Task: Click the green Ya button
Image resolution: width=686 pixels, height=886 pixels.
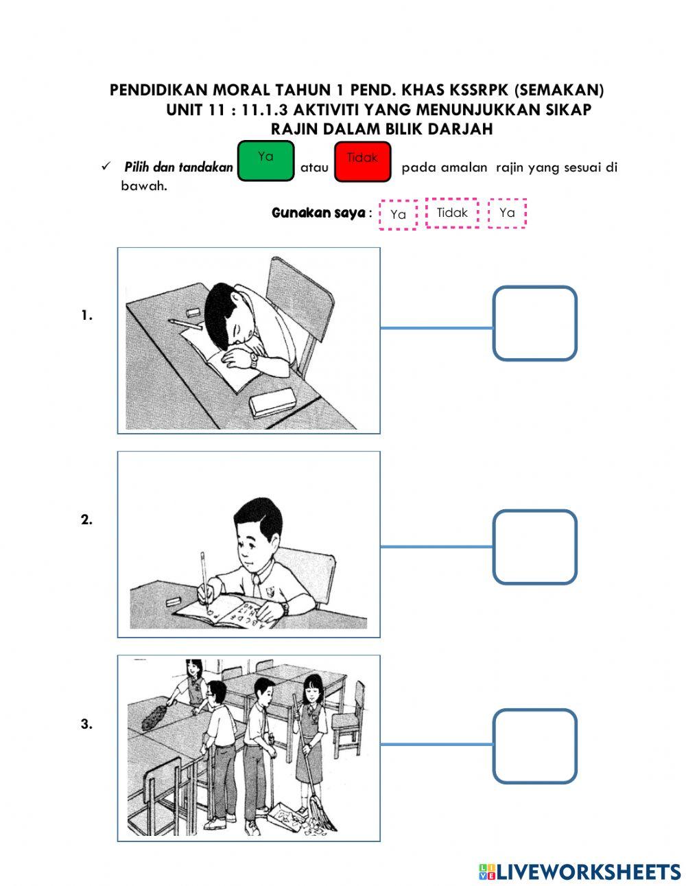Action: [265, 161]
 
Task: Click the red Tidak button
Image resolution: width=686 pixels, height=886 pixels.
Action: [362, 162]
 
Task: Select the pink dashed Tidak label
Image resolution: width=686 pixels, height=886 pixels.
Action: [452, 213]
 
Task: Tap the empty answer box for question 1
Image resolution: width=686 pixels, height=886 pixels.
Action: [534, 323]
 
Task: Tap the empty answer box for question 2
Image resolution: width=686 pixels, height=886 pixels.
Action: [534, 547]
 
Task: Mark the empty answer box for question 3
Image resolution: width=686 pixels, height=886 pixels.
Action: [534, 746]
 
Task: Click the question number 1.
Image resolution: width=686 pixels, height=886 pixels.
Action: [86, 316]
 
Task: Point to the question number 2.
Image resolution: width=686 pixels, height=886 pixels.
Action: [86, 520]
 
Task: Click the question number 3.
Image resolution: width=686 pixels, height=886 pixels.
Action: [86, 724]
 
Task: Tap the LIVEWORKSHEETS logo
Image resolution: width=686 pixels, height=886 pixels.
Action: [580, 872]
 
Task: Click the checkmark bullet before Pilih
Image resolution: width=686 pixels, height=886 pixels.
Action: [106, 167]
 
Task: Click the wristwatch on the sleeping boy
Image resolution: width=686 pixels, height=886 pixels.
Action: [254, 358]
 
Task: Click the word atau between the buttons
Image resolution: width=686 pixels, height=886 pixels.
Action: [314, 167]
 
